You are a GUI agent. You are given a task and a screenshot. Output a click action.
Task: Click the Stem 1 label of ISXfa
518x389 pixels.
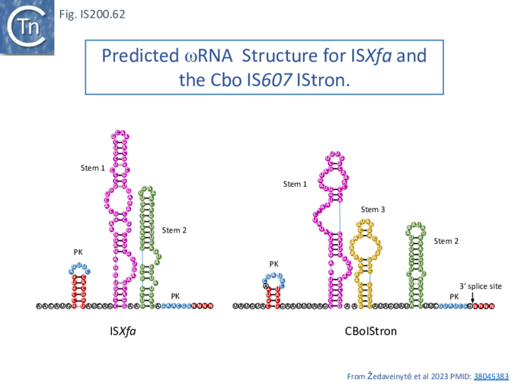tap(93, 167)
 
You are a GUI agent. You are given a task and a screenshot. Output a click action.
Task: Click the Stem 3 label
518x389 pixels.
tap(373, 209)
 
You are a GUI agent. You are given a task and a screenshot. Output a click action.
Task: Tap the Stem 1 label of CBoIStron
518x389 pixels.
tap(296, 184)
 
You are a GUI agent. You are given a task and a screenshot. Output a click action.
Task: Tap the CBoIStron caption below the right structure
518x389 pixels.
tap(370, 332)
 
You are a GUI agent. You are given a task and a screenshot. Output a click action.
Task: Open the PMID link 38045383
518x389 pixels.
tap(491, 376)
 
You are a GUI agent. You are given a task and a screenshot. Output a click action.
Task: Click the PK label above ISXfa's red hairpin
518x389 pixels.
tap(78, 251)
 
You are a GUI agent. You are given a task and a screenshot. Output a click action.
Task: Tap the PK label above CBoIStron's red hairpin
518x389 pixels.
tap(274, 264)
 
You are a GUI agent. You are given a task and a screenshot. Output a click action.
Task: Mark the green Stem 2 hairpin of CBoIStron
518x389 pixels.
tap(416, 263)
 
